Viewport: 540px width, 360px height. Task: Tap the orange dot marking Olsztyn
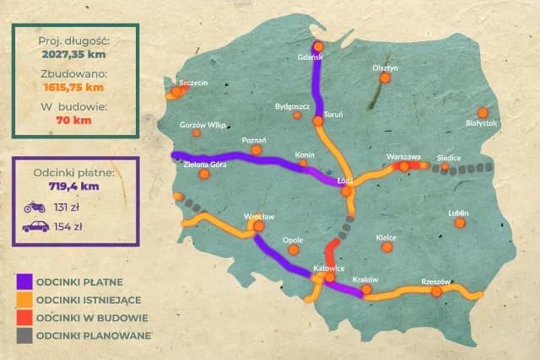click(x=385, y=78)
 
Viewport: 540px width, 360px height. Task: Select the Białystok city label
click(x=483, y=123)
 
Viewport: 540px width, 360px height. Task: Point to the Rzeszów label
click(x=435, y=282)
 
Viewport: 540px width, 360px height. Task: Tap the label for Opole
click(x=294, y=239)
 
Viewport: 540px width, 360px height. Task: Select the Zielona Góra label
click(x=206, y=164)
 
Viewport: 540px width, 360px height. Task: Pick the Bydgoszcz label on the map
click(x=293, y=106)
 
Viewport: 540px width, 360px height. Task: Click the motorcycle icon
click(x=34, y=206)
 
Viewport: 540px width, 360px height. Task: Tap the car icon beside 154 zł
click(x=35, y=226)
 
